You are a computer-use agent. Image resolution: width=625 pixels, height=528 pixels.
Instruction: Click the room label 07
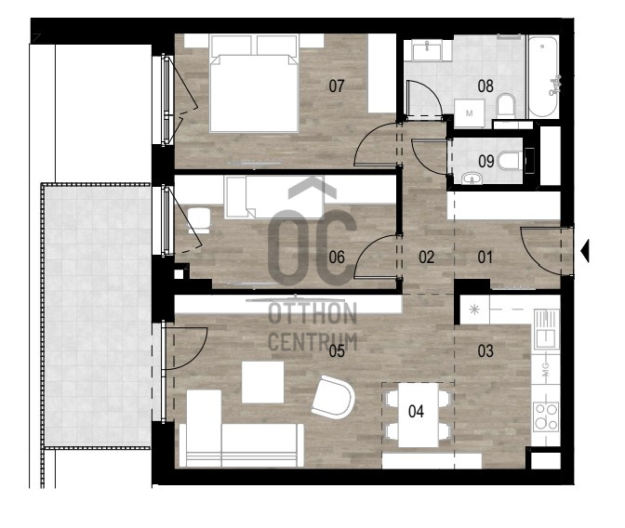[x=337, y=86]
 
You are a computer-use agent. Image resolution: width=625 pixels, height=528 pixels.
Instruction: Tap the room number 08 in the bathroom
[x=485, y=86]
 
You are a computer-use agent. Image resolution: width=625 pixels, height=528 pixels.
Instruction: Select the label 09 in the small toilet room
[x=485, y=161]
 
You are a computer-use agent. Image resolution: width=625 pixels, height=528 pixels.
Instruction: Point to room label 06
[x=337, y=257]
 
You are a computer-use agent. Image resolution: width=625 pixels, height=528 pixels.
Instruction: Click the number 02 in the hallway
[x=426, y=257]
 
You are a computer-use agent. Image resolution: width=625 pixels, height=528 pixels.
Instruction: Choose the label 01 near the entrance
[x=485, y=257]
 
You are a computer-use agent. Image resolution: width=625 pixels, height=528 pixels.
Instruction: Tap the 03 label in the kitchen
[x=485, y=350]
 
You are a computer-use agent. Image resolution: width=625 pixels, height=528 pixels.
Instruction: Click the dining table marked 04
[x=419, y=415]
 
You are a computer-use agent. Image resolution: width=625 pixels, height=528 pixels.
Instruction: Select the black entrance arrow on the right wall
[x=585, y=251]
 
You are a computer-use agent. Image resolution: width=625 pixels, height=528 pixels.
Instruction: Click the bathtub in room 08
[x=542, y=76]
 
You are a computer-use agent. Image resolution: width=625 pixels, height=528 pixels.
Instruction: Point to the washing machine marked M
[x=469, y=113]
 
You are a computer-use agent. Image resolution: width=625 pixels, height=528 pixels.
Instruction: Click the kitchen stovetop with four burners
[x=546, y=416]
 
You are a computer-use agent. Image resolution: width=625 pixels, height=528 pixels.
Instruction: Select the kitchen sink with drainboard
[x=547, y=329]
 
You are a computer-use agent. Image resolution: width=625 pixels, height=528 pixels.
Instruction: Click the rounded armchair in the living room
[x=333, y=397]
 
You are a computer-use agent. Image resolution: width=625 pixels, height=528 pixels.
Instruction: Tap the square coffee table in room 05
[x=262, y=382]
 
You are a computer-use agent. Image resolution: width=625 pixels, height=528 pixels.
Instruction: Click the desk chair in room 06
[x=198, y=220]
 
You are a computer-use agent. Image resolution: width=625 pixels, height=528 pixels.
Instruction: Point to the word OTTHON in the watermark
[x=312, y=313]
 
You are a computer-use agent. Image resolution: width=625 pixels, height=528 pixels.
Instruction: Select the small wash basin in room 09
[x=472, y=178]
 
